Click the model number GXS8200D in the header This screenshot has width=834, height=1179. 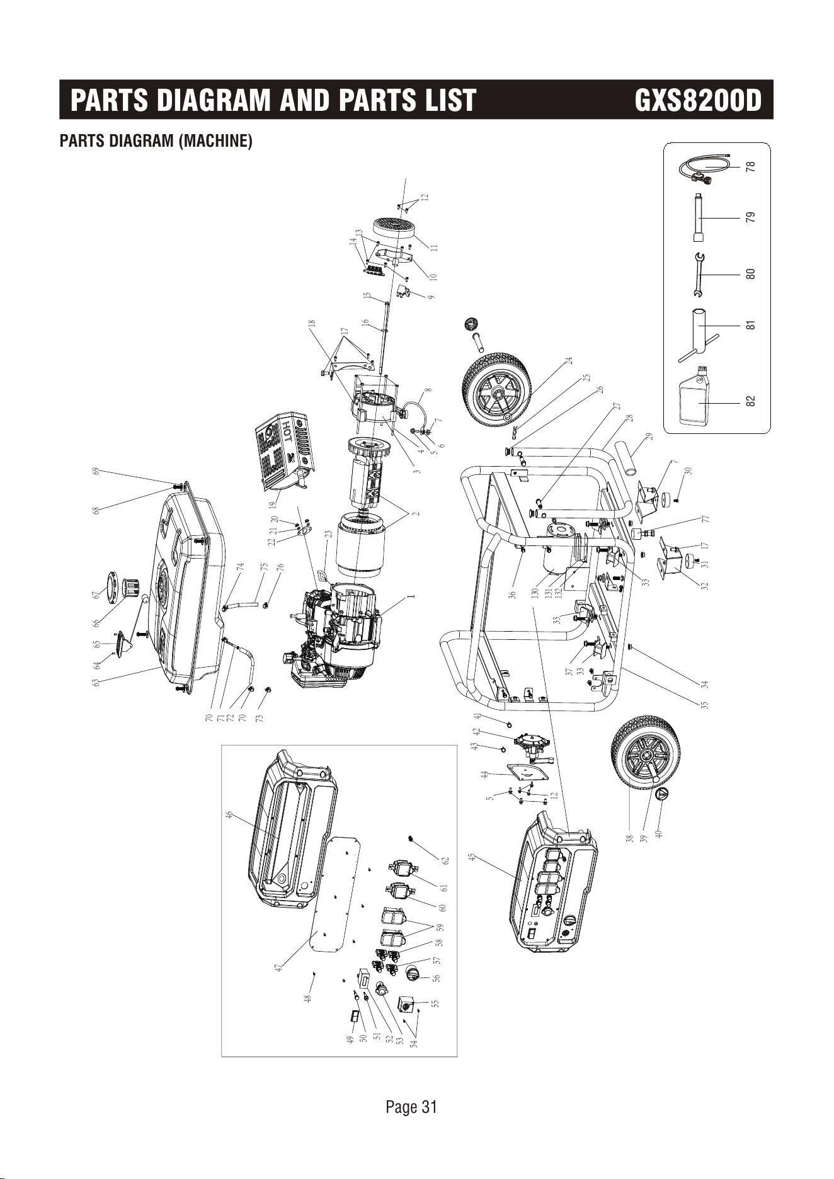tap(698, 100)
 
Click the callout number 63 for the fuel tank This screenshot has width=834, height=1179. tap(96, 681)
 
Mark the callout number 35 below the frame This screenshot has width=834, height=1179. tap(705, 705)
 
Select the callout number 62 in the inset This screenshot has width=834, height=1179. tap(445, 860)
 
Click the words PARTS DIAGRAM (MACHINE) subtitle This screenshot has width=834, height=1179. tap(156, 140)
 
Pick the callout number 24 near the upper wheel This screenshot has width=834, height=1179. tap(569, 360)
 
